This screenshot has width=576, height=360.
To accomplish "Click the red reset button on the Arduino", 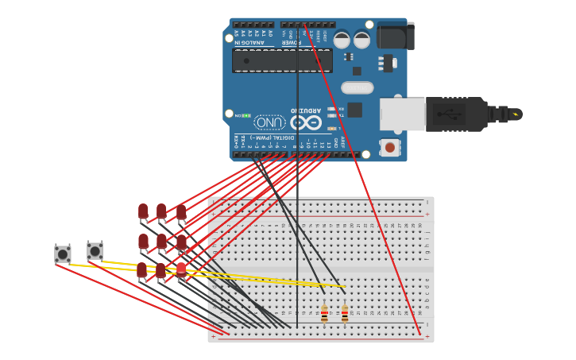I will [x=389, y=147].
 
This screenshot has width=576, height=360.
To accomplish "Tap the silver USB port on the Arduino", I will [x=402, y=114].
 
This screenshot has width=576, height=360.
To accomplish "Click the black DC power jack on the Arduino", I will [x=395, y=36].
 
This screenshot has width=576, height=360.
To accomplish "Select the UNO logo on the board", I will [x=269, y=122].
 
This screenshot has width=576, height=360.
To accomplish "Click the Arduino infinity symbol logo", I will [x=306, y=122].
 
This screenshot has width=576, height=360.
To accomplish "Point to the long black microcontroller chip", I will [x=282, y=60].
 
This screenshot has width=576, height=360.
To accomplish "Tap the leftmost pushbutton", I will [x=62, y=254].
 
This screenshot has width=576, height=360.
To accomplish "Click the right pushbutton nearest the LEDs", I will [x=95, y=251].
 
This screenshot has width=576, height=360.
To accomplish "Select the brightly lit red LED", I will [x=181, y=270].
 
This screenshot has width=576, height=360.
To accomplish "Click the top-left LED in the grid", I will [x=143, y=211].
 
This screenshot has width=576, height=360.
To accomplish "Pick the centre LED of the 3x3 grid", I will [x=161, y=241].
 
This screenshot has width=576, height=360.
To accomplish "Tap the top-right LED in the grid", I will [x=181, y=212].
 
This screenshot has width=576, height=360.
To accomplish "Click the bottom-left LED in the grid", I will [x=141, y=270].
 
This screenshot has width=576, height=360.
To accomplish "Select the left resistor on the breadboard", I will [x=324, y=314].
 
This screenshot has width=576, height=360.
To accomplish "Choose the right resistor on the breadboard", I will [x=345, y=314].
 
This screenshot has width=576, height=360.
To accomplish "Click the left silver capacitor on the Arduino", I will [x=342, y=40].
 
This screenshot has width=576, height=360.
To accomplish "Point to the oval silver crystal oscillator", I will [x=357, y=87].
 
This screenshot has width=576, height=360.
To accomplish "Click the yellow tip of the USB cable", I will [x=516, y=114].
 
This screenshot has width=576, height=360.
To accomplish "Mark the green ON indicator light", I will [x=246, y=116].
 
